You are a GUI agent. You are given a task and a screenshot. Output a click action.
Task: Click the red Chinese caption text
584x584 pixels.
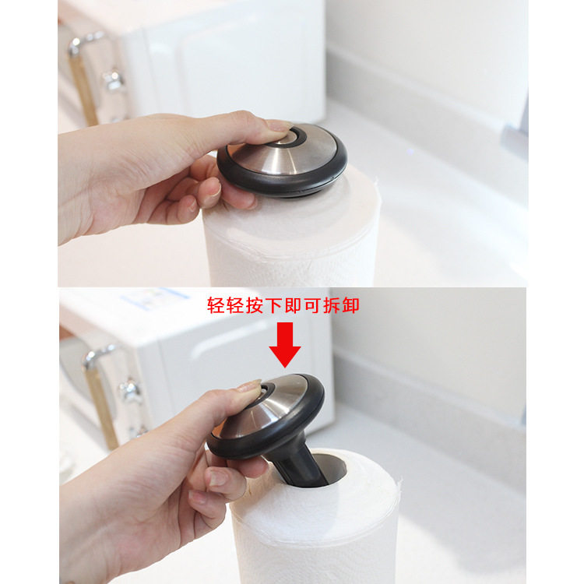tap(283, 304)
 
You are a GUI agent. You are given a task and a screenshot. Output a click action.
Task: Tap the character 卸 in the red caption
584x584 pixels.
tap(350, 304)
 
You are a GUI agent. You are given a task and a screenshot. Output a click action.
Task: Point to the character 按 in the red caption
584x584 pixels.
tap(254, 304)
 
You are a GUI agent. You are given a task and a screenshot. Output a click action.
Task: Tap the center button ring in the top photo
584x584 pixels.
tap(294, 139)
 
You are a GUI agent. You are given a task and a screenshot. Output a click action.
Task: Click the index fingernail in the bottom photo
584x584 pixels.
tap(250, 386)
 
